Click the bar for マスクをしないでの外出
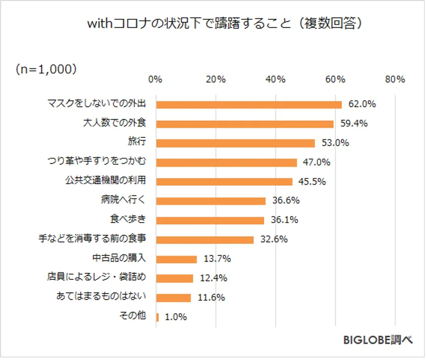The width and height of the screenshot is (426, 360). [x=248, y=104]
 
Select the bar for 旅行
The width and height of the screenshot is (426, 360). [x=235, y=143]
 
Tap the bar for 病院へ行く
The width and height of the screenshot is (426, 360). [x=210, y=201]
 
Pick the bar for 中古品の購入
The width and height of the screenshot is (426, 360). [x=176, y=259]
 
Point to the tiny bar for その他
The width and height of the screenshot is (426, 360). [x=158, y=317]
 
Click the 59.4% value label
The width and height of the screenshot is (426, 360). [x=353, y=124]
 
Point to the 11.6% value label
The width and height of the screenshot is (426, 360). [x=211, y=298]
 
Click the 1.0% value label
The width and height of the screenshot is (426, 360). [x=175, y=317]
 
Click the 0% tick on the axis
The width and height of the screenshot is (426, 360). [x=155, y=80]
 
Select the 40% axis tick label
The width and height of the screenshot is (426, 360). [x=275, y=80]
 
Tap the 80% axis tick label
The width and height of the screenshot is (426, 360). [x=395, y=80]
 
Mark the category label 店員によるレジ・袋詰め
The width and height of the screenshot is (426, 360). [x=96, y=278]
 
